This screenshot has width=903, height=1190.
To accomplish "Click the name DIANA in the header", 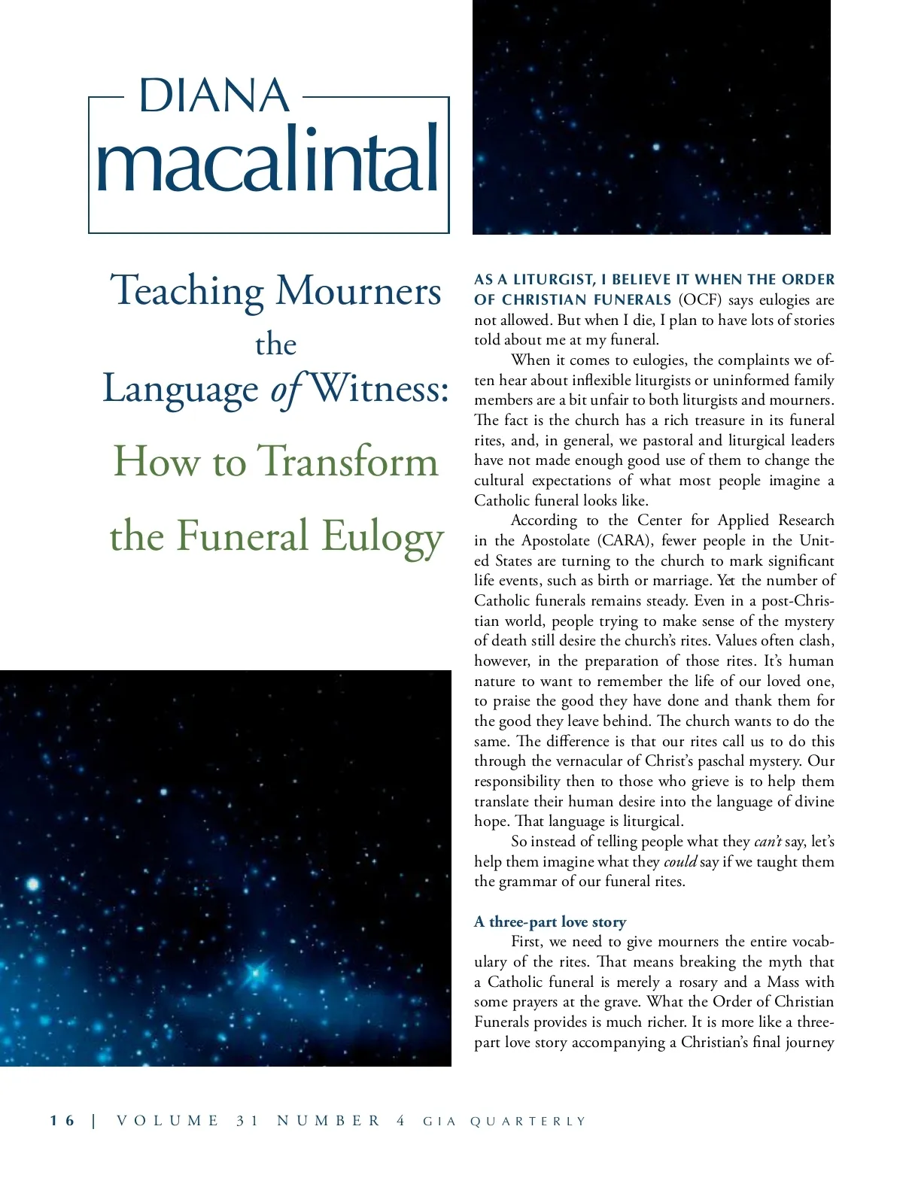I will pos(214,96).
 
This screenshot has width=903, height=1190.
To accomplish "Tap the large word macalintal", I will pos(268,160).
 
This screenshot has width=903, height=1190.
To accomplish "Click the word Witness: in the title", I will pos(380,388).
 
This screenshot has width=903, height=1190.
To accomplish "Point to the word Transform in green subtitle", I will pos(348,461).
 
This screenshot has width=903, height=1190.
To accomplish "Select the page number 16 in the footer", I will pos(62,1121).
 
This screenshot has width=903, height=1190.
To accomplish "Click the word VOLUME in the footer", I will pos(168,1121).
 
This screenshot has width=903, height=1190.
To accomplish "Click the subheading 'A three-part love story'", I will pos(550,921).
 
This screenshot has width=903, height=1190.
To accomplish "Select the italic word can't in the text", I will pos(768,841).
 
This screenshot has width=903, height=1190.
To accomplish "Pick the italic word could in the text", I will pos(680,861).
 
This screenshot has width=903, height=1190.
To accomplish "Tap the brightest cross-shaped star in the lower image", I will pos(256,973).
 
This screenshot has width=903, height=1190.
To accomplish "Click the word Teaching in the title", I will pos(187,291).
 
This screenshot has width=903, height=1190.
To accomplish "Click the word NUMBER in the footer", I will pos(329,1121).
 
